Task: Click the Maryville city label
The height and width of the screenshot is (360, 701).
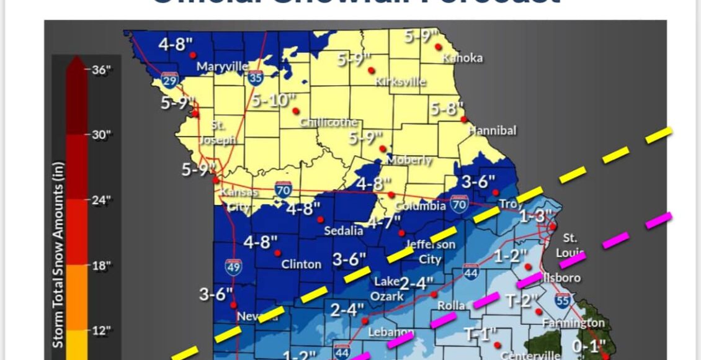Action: click(222, 66)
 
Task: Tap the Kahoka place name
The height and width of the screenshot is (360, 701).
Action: click(462, 58)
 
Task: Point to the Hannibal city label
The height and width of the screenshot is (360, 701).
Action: click(492, 131)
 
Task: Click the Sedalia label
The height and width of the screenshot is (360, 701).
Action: click(344, 231)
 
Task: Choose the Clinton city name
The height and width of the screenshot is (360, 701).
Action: click(301, 264)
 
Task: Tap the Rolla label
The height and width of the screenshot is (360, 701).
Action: click(451, 306)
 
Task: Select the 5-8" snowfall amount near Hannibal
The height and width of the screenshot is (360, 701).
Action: click(447, 109)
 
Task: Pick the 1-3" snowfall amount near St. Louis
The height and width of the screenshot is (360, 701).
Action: click(535, 216)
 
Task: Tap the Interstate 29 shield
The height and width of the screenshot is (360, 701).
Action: click(167, 80)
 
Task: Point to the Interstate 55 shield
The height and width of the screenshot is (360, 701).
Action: click(563, 300)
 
